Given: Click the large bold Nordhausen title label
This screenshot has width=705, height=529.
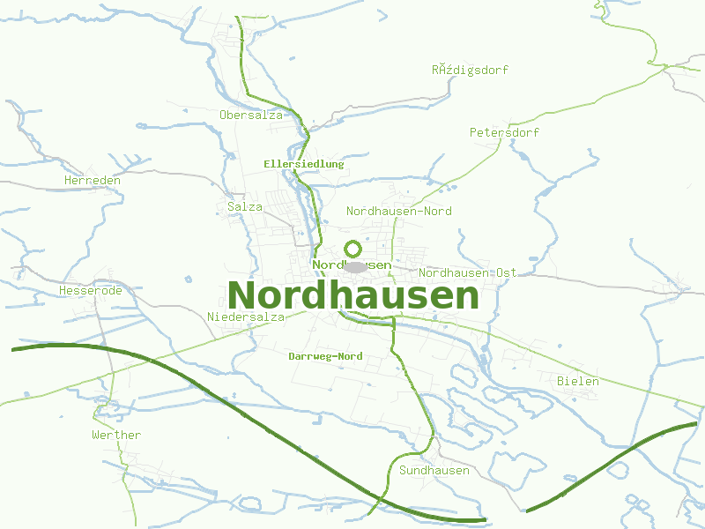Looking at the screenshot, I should [352, 295].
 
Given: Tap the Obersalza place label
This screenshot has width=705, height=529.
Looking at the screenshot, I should [251, 115].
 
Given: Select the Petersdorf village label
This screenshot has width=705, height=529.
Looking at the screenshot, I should [504, 132].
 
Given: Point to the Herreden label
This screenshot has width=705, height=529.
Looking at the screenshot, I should [93, 180].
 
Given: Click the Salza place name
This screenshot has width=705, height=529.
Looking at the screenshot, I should [245, 206].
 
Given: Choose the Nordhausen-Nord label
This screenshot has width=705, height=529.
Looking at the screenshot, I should [398, 211].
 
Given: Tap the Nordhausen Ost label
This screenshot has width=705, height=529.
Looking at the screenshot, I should [467, 272].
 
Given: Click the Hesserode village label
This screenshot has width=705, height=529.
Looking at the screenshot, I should [90, 290].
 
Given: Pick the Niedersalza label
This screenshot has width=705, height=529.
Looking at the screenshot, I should [246, 317].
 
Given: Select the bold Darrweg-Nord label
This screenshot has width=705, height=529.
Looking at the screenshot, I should [325, 356].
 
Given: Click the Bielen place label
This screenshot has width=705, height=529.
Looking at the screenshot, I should [578, 381].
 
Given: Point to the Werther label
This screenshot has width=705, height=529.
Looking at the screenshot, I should [116, 435].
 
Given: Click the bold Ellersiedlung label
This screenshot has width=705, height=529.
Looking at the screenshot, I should [303, 164].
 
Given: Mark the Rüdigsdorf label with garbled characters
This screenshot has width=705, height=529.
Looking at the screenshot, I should [470, 70].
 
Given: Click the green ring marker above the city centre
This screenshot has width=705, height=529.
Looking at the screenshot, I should [352, 249].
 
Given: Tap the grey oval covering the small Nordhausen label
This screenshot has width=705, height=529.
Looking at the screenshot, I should [355, 266].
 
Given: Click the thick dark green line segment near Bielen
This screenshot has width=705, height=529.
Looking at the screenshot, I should [617, 458].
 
